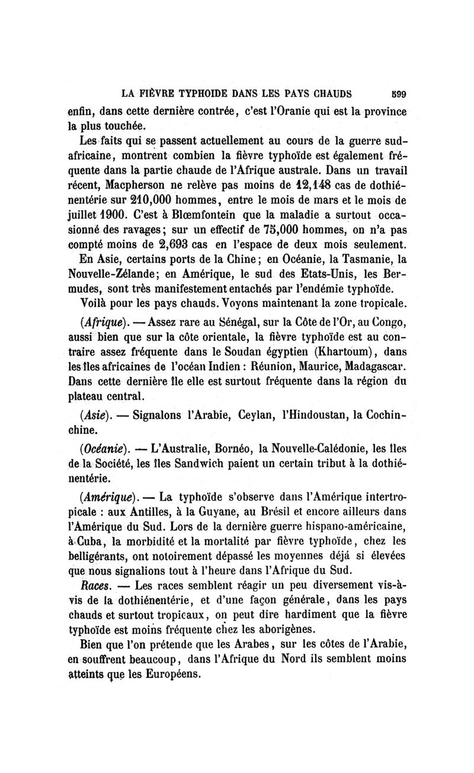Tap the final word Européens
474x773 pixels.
point(172,675)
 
